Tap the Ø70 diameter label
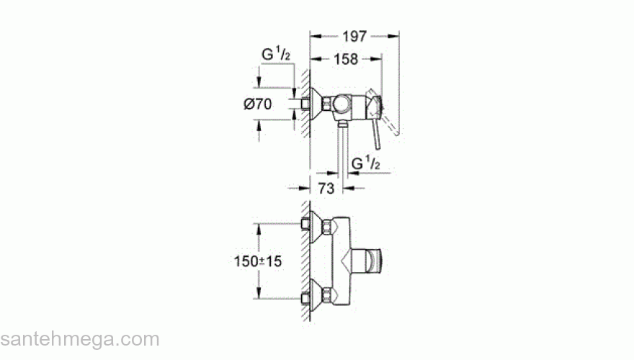[257, 104]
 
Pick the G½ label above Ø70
[274, 55]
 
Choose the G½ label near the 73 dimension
[365, 165]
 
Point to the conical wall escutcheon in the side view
[315, 104]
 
